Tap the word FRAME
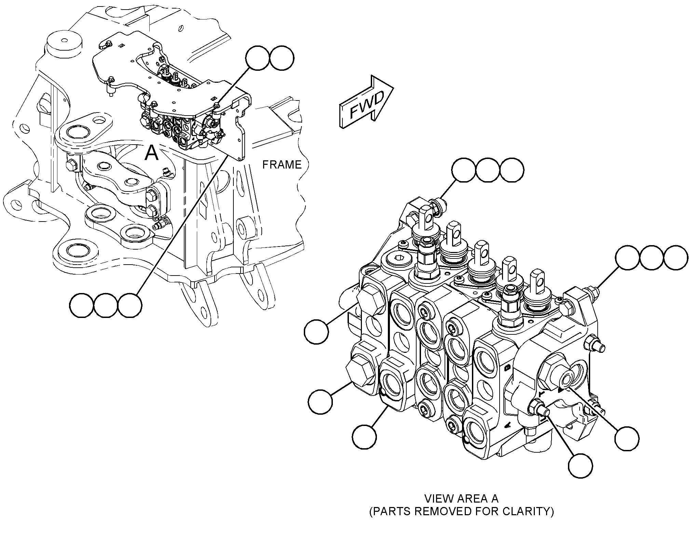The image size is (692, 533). pos(282,165)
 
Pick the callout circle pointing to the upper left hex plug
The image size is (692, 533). pos(316,332)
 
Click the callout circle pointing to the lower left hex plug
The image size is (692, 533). pos(320,402)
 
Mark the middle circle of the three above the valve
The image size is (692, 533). pos(487,170)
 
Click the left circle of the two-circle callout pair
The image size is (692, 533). pos(257,58)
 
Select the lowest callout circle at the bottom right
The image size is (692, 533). pos(581,466)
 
